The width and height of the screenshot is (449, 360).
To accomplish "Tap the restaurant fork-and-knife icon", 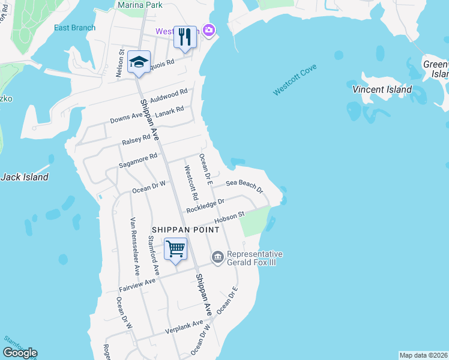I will point(185,37).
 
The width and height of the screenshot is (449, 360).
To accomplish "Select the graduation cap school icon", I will point(139,62).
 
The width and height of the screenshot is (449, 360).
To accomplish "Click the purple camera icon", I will point(209,29).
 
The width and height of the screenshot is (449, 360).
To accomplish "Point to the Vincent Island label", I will point(382,89).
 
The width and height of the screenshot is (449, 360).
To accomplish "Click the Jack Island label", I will point(25,177).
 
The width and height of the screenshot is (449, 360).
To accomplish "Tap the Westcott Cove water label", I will point(294,80).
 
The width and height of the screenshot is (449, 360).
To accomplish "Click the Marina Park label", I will point(140,4).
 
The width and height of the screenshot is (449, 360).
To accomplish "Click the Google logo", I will point(20,353).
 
